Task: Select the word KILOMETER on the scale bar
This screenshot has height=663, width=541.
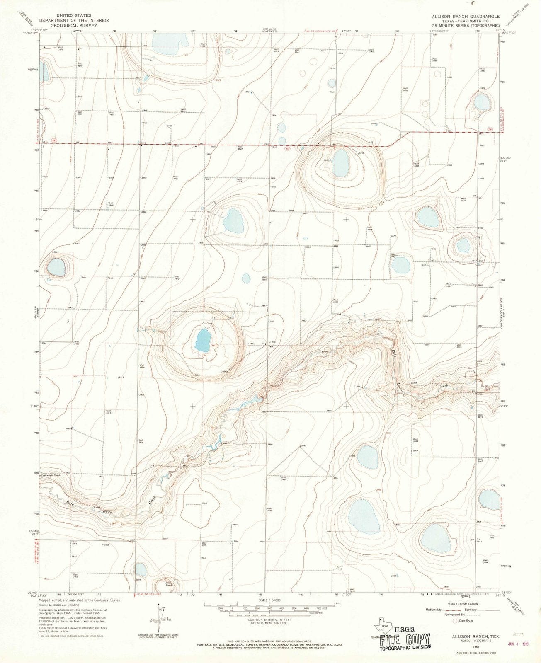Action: click(x=316, y=616)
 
